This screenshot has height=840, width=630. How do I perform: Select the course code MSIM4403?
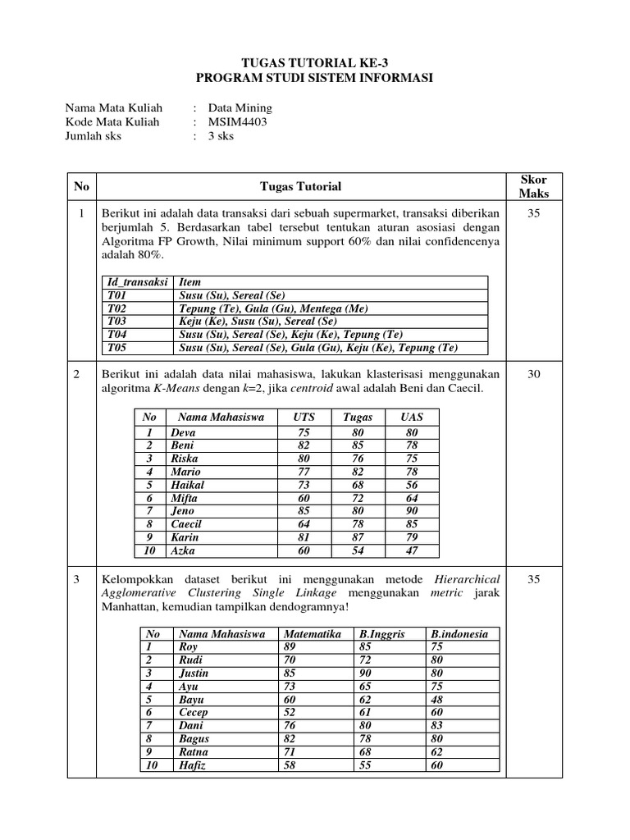coord(237,121)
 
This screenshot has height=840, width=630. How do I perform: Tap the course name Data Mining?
coord(240,107)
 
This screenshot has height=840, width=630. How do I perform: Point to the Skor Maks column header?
coord(533,186)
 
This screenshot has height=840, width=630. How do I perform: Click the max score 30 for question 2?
coord(533,373)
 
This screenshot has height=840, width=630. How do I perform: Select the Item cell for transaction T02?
coord(274,308)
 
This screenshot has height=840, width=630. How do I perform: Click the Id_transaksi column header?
coord(134,282)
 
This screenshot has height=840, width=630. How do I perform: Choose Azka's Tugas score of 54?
coord(357,550)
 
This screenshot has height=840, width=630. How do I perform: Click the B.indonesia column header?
coord(459,633)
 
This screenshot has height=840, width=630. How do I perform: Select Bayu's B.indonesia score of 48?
coord(436,699)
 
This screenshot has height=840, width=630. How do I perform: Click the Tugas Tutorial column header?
coord(300,186)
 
